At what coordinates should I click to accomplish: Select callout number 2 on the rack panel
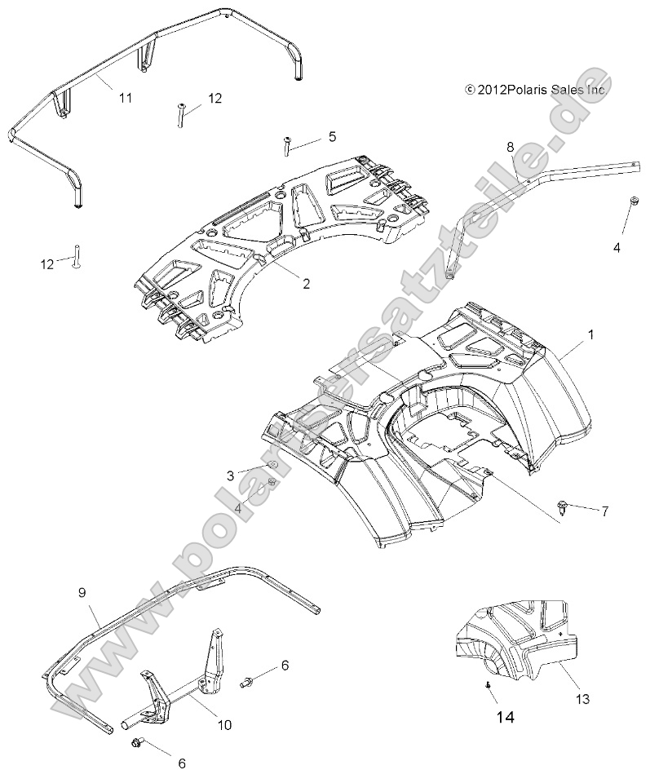pyautogui.click(x=306, y=285)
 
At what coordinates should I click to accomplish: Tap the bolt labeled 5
pyautogui.click(x=287, y=147)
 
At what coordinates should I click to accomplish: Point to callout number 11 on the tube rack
pyautogui.click(x=125, y=98)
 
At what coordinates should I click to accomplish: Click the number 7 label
pyautogui.click(x=604, y=511)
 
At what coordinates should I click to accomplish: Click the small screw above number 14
pyautogui.click(x=488, y=687)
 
